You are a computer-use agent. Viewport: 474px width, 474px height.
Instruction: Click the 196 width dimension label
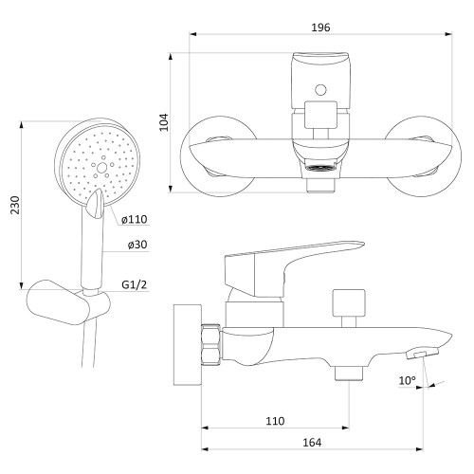[x=320, y=27]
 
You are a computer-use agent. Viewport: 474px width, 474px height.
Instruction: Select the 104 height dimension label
[x=163, y=122]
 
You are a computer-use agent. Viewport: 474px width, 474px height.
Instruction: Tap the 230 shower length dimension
[x=15, y=205]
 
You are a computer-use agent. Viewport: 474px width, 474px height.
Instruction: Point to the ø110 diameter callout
[x=135, y=219]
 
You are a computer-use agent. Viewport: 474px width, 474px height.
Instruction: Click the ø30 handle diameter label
[x=137, y=245]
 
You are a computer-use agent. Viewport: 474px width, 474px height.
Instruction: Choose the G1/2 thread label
[x=135, y=284]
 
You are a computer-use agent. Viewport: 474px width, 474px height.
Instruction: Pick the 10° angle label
[x=408, y=380]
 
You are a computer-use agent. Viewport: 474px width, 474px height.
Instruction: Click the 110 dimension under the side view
[x=275, y=421]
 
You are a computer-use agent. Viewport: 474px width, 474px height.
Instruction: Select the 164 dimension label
[x=312, y=443]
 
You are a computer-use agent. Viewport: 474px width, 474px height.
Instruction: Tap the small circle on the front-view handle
[x=320, y=90]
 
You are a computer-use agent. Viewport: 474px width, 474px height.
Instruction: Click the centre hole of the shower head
[x=101, y=168]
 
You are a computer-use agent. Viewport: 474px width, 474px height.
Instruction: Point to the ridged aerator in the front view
[x=319, y=168]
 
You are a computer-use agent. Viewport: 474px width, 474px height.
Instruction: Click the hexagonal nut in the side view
[x=211, y=344]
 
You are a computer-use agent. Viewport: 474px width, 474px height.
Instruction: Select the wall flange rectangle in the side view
[x=188, y=345]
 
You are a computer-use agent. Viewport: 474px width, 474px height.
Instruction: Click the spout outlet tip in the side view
[x=423, y=354]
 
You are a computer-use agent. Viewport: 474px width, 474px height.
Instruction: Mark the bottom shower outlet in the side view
[x=349, y=374]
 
